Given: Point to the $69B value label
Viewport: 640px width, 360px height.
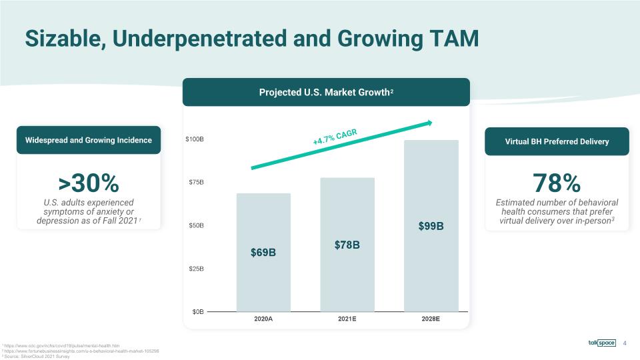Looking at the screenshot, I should pos(263,253).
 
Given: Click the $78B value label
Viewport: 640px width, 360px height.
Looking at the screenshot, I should pos(347,245).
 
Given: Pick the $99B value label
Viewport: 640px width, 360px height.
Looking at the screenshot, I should pos(431,227).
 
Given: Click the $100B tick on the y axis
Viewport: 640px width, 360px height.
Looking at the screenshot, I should pos(194,140).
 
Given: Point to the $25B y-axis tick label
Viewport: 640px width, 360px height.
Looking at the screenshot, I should pos(195,269).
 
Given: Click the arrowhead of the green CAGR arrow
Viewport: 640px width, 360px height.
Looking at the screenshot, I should pos(429,123).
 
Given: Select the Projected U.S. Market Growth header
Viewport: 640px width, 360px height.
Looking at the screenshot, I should pos(326,92).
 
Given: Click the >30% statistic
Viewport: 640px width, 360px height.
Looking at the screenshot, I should pos(88,181).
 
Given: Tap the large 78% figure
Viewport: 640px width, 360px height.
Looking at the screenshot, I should pos(557,182).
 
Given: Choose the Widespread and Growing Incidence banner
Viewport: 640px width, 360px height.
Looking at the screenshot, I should pos(88,140).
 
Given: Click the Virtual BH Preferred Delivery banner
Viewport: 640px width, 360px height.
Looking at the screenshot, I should pos(557,141).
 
